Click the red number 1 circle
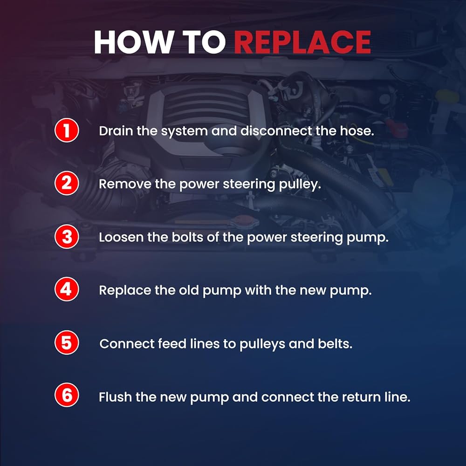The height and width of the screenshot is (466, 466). coord(67,130)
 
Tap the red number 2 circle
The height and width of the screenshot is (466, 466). coord(67,183)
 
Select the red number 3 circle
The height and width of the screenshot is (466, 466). coord(67,236)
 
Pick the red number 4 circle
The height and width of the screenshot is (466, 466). coord(67,289)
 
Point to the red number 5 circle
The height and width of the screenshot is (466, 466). coord(67,343)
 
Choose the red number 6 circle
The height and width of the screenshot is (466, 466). coord(67,395)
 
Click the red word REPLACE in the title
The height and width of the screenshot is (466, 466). coord(302,42)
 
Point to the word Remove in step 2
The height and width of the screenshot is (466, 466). coord(125,184)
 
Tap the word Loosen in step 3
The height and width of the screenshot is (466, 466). coord(121,237)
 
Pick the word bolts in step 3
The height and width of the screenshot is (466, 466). coord(187,237)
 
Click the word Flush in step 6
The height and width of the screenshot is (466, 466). coord(115,397)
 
